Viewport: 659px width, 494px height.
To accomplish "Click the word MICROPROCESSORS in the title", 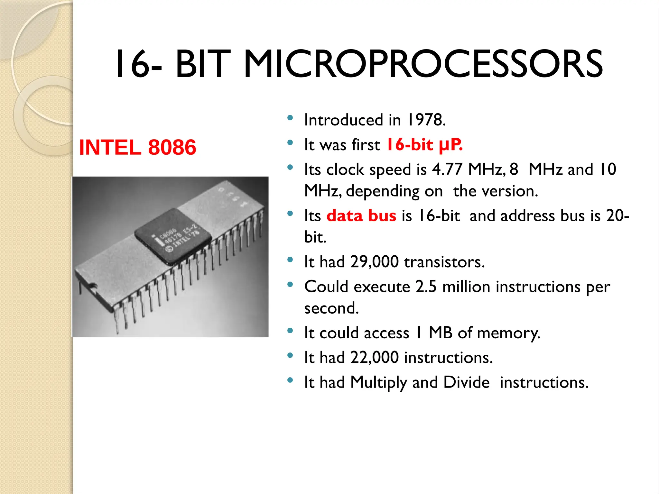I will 423,64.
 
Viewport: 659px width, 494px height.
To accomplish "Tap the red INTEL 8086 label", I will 137,147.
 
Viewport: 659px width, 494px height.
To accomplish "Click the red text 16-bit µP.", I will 424,144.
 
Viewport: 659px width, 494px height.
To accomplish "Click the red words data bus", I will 361,215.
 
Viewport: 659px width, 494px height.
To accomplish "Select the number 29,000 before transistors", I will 375,262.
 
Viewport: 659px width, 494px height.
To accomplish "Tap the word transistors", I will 444,262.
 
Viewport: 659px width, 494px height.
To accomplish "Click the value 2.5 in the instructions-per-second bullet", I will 426,287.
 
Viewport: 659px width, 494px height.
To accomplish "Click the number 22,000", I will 375,358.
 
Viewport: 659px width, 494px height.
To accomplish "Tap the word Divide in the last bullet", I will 466,382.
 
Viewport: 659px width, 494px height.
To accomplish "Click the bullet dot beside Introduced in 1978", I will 290,118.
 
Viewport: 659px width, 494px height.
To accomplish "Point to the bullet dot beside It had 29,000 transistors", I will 290,260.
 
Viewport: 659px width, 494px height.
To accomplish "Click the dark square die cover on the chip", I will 173,236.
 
